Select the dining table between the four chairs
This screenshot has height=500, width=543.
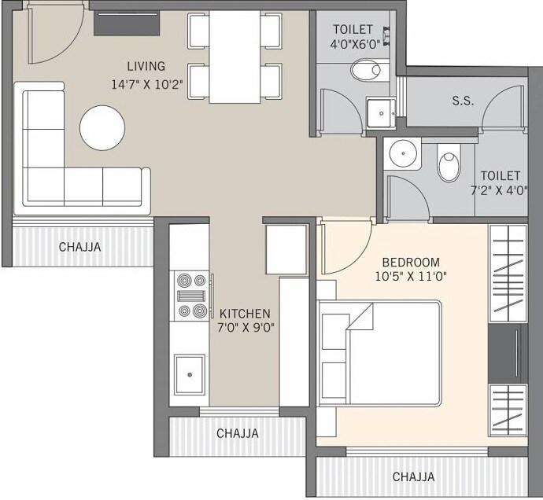tap(235, 57)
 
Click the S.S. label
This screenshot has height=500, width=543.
tap(463, 101)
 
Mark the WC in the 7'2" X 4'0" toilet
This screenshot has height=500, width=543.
tap(449, 166)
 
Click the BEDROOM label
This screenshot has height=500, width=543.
tap(411, 262)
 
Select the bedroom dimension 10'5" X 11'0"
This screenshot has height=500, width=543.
tap(411, 277)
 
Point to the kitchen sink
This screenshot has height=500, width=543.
tap(190, 374)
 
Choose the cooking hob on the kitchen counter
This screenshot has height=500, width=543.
tap(189, 296)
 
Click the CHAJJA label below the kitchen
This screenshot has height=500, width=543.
tap(237, 432)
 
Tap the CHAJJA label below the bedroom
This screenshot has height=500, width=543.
tap(413, 476)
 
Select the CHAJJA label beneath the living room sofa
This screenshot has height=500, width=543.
tap(79, 247)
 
